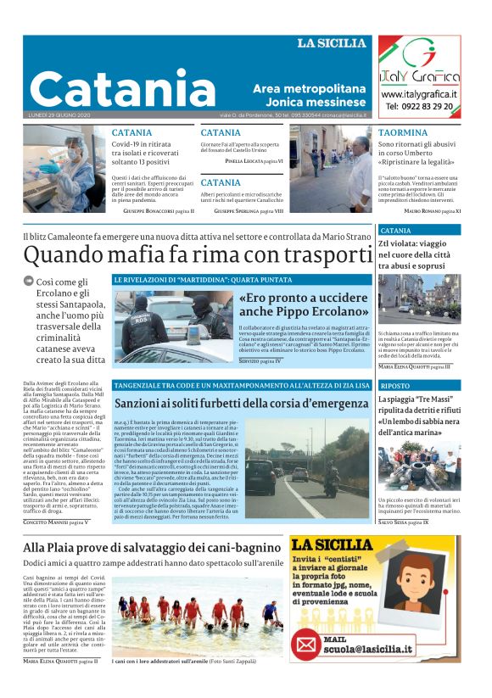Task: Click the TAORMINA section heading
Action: tap(403, 133)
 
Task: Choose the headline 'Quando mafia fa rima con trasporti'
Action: tap(198, 254)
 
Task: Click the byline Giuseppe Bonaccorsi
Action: tap(159, 209)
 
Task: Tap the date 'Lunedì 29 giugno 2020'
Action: tap(65, 114)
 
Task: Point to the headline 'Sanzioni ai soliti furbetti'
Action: tap(242, 405)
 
